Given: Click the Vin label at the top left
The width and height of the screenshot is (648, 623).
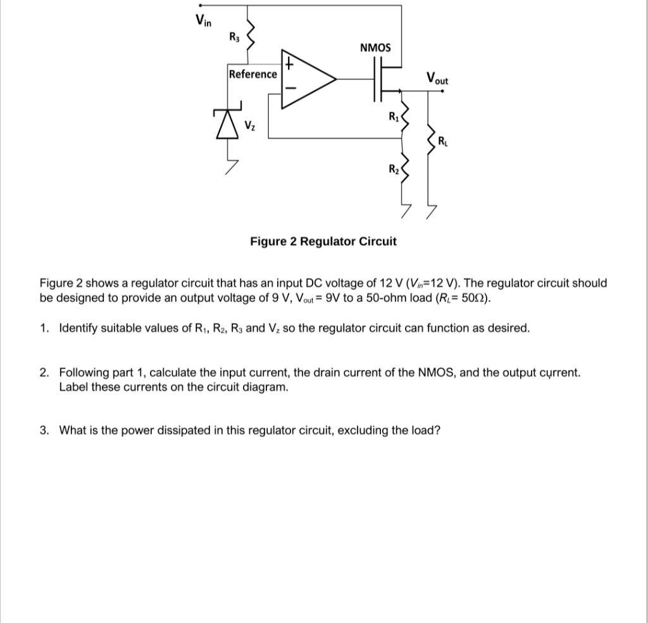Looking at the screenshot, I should pyautogui.click(x=203, y=20).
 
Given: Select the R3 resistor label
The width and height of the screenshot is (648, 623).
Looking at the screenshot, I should pyautogui.click(x=235, y=37).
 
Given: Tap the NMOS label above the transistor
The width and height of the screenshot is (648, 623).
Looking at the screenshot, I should pyautogui.click(x=375, y=48).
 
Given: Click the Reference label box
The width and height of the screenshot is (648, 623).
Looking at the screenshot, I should pyautogui.click(x=252, y=74).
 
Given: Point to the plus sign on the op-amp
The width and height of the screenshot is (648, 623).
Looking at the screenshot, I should pyautogui.click(x=289, y=64).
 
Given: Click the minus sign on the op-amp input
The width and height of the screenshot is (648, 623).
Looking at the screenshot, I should pyautogui.click(x=289, y=89).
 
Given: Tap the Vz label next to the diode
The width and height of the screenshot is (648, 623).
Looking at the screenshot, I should pyautogui.click(x=250, y=125).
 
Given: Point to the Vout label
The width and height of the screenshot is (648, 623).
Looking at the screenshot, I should pyautogui.click(x=437, y=79).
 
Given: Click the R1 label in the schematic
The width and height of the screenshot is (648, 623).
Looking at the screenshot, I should pyautogui.click(x=394, y=116).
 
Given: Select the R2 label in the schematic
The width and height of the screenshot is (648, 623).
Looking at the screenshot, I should pyautogui.click(x=394, y=169).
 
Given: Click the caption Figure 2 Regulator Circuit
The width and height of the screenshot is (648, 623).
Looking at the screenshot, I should pyautogui.click(x=323, y=241).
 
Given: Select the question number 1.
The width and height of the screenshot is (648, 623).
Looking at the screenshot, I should pyautogui.click(x=44, y=328).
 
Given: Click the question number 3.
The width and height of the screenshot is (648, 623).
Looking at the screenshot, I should pyautogui.click(x=44, y=431).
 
